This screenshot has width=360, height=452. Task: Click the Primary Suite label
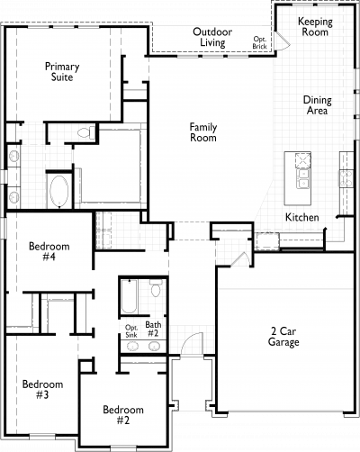point(62,72)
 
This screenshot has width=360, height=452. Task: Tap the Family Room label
point(203,132)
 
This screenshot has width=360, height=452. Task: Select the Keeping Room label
point(315,26)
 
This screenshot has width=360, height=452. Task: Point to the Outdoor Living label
point(212,37)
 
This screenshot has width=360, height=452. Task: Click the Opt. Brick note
point(259,42)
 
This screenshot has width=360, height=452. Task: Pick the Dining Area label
point(317,105)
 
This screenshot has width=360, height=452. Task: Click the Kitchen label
point(301,217)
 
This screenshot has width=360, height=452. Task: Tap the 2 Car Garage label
point(283,337)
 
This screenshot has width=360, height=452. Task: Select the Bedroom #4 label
point(49,251)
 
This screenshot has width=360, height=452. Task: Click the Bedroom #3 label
point(42,389)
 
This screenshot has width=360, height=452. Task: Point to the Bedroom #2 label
point(123,415)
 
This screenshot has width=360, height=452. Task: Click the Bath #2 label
point(153,329)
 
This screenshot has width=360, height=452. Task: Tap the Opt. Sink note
point(131,331)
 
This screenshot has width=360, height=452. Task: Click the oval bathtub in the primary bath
point(59,191)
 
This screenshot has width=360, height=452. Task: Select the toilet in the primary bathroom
point(85,132)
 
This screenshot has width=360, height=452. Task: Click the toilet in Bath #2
point(156,288)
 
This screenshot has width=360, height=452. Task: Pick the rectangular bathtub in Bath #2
point(130,296)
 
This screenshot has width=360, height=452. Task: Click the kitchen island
point(298,178)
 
